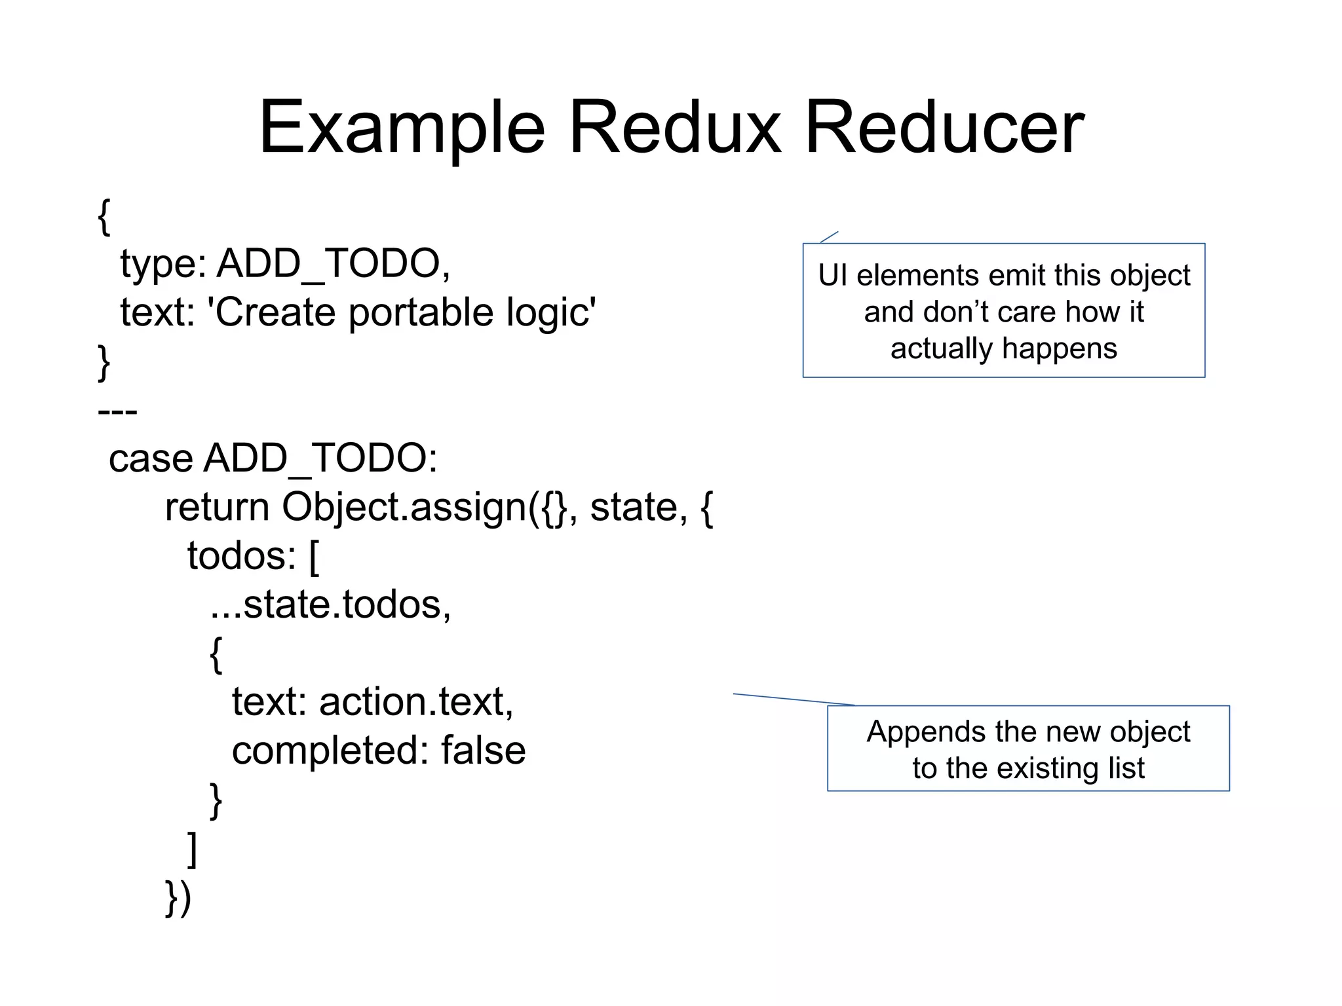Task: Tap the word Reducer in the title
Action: tap(944, 128)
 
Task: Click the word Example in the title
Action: tap(402, 128)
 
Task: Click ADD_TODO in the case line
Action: tap(320, 458)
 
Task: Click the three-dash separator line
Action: tap(117, 412)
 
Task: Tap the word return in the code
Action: tap(217, 508)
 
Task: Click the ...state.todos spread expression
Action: tap(330, 605)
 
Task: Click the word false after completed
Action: tap(483, 751)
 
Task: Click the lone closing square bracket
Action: tap(192, 849)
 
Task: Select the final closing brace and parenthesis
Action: tap(178, 898)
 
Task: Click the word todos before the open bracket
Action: tap(241, 556)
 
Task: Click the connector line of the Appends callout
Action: tap(793, 699)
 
